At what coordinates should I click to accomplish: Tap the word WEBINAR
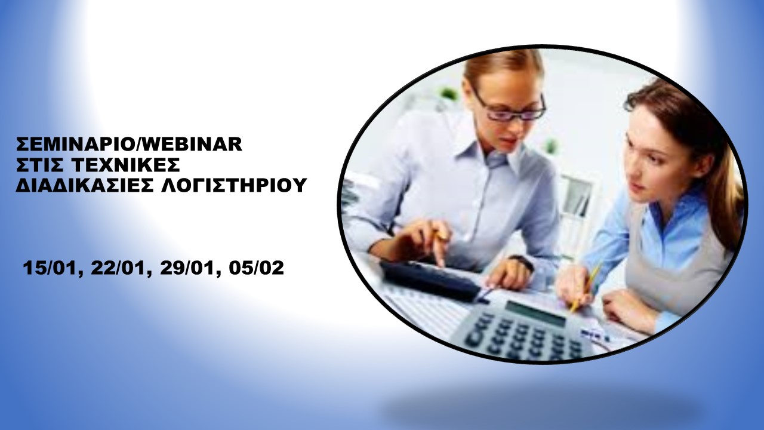click(192, 144)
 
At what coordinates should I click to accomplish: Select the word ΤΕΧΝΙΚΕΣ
click(127, 165)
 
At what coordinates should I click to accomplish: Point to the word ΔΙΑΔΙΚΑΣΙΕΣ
click(85, 185)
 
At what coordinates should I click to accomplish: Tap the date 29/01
click(188, 268)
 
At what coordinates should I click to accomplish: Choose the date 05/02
click(257, 268)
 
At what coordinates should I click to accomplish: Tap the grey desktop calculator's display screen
click(535, 313)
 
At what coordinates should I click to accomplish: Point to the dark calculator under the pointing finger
click(430, 280)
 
